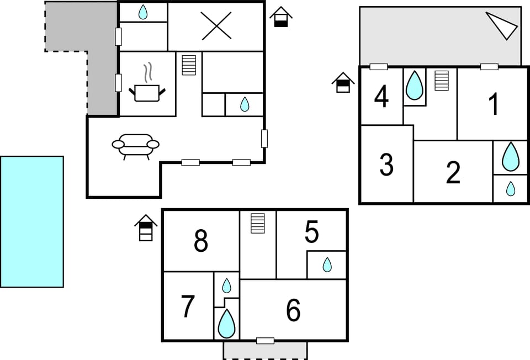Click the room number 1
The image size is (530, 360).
494,104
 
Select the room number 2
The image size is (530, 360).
453,173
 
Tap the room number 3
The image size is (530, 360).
386,164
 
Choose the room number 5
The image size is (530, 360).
312,233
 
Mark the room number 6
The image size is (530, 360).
293,310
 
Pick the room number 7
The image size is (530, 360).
188,307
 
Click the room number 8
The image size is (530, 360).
201,241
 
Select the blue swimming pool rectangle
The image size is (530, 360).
32,221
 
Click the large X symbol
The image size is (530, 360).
216,26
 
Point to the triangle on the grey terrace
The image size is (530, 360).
504,25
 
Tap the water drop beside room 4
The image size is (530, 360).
414,85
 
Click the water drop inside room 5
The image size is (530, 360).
327,265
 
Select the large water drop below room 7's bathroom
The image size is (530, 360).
226,324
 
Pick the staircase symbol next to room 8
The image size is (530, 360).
258,223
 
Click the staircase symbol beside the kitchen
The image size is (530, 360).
189,65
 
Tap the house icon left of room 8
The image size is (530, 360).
146,228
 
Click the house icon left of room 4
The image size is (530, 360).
343,83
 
